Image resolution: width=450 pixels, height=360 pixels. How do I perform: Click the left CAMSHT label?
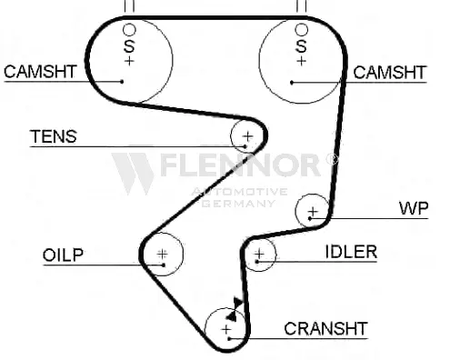[40, 72]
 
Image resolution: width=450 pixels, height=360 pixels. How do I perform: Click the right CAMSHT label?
[390, 73]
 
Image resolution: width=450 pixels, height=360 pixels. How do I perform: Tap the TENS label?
[54, 136]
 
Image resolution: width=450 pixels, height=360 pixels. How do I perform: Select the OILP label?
[63, 255]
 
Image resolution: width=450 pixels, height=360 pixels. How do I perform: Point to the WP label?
[414, 208]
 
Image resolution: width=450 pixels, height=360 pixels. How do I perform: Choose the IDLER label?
[351, 252]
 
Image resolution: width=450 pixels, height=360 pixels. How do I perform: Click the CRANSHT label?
[325, 328]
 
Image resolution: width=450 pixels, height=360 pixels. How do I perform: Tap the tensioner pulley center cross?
[248, 136]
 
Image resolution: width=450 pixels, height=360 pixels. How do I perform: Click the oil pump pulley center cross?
[163, 254]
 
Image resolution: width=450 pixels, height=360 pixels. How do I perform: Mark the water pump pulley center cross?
[313, 211]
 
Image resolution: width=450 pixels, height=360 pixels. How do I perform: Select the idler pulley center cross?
[259, 253]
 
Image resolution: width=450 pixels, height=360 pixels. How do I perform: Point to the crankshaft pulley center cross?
[226, 329]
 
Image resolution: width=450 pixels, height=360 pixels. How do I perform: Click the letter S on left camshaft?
[129, 46]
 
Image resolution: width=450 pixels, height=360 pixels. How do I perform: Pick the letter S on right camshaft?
[301, 46]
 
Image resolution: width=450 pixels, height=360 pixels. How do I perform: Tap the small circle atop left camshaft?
[129, 30]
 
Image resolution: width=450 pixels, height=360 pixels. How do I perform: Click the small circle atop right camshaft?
[301, 30]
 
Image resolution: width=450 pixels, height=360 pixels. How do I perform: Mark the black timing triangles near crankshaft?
[235, 309]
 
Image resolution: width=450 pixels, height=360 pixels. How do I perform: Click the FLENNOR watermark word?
[239, 165]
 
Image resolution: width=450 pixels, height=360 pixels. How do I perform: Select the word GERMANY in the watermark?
[238, 203]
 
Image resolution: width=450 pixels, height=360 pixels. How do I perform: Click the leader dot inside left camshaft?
[122, 81]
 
